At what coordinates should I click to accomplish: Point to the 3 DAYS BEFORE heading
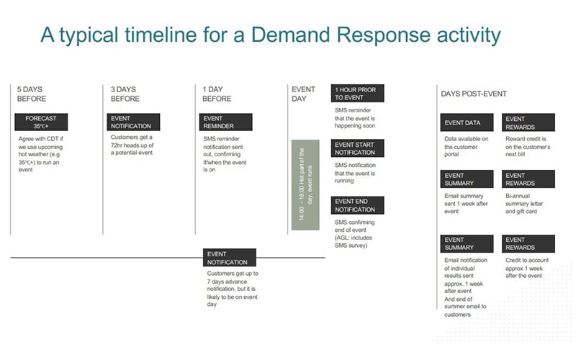pos(125,94)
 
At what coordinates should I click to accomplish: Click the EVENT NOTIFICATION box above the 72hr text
pos(134,122)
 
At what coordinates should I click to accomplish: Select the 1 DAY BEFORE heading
pos(217,94)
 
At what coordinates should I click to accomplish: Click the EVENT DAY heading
pos(303,94)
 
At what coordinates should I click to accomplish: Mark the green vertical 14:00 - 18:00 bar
pos(305,185)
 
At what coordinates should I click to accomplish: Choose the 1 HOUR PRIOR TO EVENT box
pos(358,93)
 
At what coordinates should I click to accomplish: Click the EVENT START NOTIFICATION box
pos(358,148)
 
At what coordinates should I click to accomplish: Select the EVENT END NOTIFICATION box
pos(358,205)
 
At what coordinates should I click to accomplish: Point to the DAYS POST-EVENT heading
pos(474,94)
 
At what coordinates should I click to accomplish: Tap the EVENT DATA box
pos(467,122)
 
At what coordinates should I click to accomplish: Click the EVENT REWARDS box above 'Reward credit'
pos(528,122)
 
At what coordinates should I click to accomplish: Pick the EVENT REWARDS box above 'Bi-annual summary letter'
pos(528,179)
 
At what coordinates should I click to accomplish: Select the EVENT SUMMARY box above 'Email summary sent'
pos(467,179)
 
